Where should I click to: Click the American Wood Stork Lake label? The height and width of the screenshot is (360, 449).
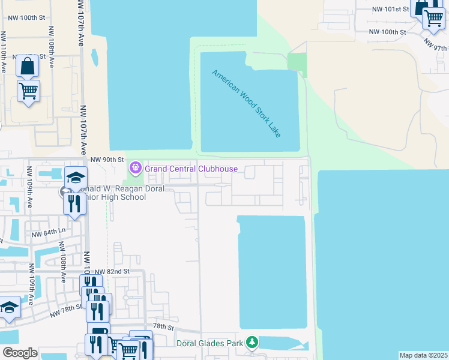246,104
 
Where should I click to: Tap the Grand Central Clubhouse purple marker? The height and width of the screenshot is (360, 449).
136,167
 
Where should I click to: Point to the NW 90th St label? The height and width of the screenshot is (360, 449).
107,160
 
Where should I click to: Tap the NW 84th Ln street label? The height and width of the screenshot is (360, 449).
48,233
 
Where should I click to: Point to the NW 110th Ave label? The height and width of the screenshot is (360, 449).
4,53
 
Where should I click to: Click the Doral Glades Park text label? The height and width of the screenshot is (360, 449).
210,343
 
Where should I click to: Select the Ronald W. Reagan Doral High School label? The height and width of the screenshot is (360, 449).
106,193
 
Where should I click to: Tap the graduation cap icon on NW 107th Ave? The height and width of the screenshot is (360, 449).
76,177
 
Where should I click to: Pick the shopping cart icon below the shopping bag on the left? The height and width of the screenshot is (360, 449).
28,91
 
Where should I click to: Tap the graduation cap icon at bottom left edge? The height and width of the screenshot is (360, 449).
9,307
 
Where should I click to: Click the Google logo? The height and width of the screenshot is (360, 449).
19,353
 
